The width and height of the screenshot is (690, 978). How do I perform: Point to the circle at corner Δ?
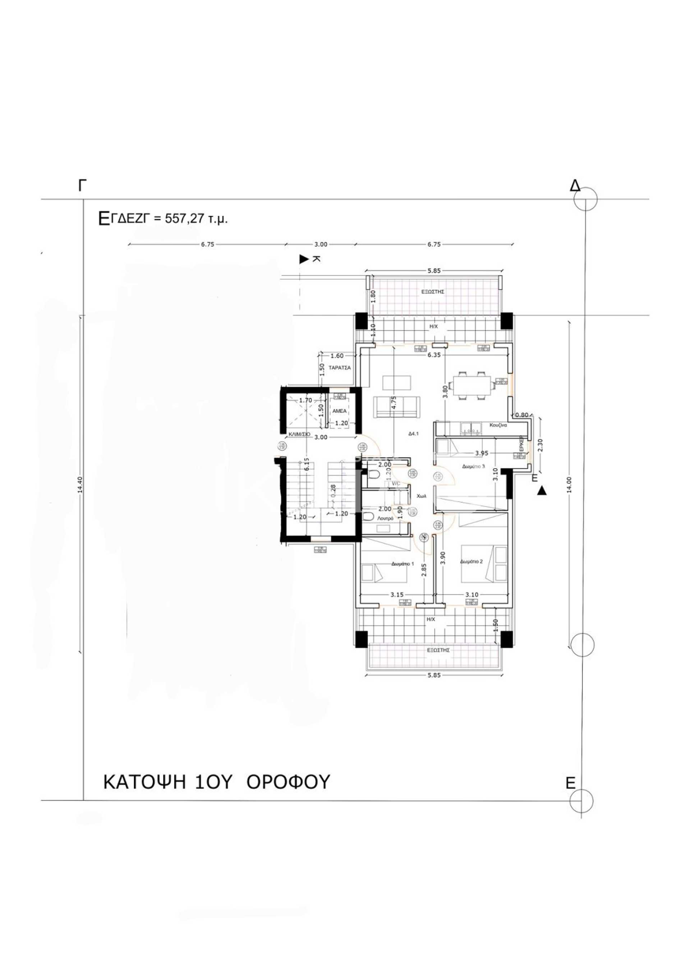pyautogui.click(x=585, y=199)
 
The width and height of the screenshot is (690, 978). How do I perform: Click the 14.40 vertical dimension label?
pyautogui.click(x=80, y=484)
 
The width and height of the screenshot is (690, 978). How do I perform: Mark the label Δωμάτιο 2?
pyautogui.click(x=471, y=561)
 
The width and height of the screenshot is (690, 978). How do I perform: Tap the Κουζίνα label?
pyautogui.click(x=498, y=425)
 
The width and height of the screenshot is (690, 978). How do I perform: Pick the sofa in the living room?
pyautogui.click(x=396, y=407)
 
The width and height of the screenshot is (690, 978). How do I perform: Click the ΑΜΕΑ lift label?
pyautogui.click(x=339, y=411)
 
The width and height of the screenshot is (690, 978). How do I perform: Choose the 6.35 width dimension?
pyautogui.click(x=434, y=355)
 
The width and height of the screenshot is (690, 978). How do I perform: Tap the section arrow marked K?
pyautogui.click(x=304, y=259)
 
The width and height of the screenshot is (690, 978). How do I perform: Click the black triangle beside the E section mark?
pyautogui.click(x=542, y=491)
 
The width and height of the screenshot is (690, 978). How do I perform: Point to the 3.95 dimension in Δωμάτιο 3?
pyautogui.click(x=482, y=453)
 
